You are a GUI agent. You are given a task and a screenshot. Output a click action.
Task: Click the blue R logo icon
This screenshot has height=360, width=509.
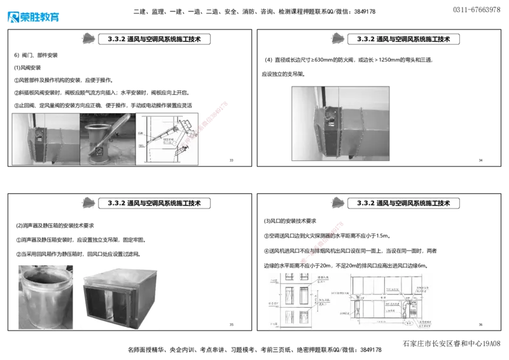[x=13, y=17]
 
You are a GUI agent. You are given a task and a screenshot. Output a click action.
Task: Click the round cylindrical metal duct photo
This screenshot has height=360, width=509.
[x=43, y=296]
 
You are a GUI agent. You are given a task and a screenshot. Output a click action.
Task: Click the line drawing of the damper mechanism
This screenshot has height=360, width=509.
[x=167, y=139]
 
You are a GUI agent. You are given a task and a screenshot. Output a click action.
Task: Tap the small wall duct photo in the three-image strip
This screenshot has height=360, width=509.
[x=45, y=139]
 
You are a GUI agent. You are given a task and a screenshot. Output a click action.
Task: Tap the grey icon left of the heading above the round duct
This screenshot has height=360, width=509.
[x=90, y=203]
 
